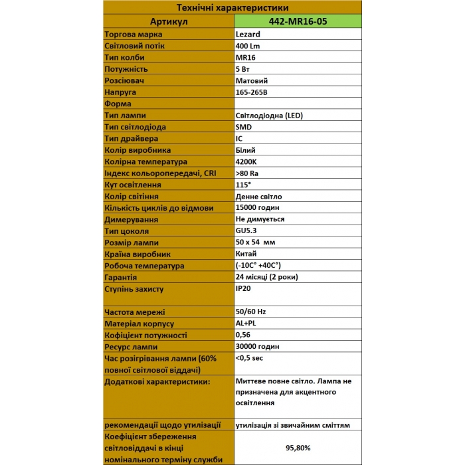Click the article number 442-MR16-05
[x=298, y=21]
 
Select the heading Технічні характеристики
[x=232, y=8]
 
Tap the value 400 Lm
[x=249, y=45]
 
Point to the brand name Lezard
[x=248, y=34]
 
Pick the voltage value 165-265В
[x=256, y=92]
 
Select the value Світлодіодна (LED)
[x=269, y=115]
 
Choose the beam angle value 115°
[x=243, y=185]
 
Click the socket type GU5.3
[x=246, y=231]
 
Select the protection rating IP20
[x=244, y=289]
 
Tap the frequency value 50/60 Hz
[x=251, y=312]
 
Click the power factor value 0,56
[x=243, y=335]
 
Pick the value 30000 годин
[x=258, y=346]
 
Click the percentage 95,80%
[x=298, y=448]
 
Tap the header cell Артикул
[x=170, y=21]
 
